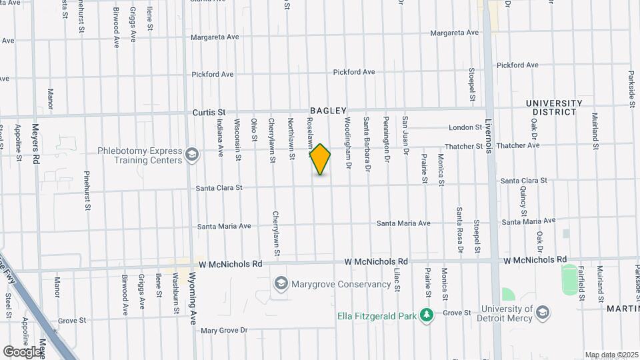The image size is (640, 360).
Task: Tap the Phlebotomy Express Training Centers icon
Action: tap(192, 155)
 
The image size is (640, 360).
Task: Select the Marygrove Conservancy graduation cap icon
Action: tap(281, 284)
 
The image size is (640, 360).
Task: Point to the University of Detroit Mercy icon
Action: tap(543, 313)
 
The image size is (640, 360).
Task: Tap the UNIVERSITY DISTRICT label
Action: tap(554, 107)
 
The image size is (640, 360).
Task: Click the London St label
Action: tap(465, 127)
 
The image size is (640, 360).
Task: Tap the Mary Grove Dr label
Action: tap(224, 330)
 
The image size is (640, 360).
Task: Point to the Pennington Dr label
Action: tap(386, 141)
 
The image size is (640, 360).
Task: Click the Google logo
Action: tap(22, 351)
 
